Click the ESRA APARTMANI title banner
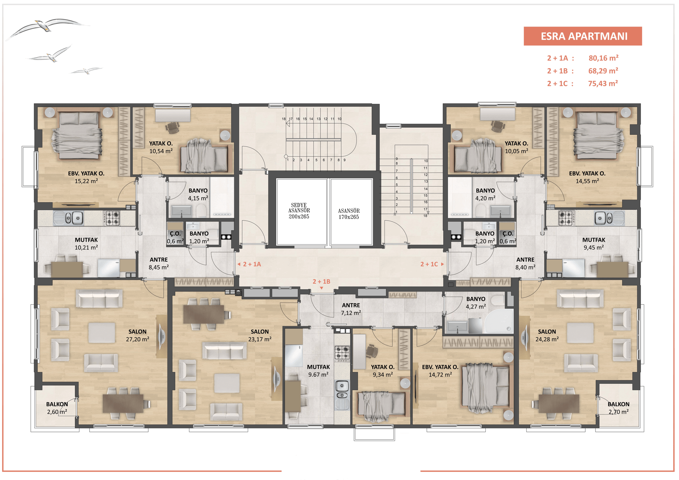coord(583,36)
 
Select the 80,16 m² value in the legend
coord(603,58)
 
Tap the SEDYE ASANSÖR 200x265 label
coord(299,211)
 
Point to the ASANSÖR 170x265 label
coord(349,214)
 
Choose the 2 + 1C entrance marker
coord(432,264)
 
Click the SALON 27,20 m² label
coord(137,335)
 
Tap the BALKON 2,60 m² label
coord(57,408)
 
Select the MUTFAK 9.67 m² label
coord(318,371)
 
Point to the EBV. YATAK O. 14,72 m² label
coord(440,371)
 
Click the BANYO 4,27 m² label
coord(475,303)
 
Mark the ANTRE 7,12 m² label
coord(351,309)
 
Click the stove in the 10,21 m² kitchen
coord(113,218)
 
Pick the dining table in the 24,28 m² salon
coord(559,404)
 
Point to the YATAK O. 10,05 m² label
coord(516,147)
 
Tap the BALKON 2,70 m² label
coord(618,408)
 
